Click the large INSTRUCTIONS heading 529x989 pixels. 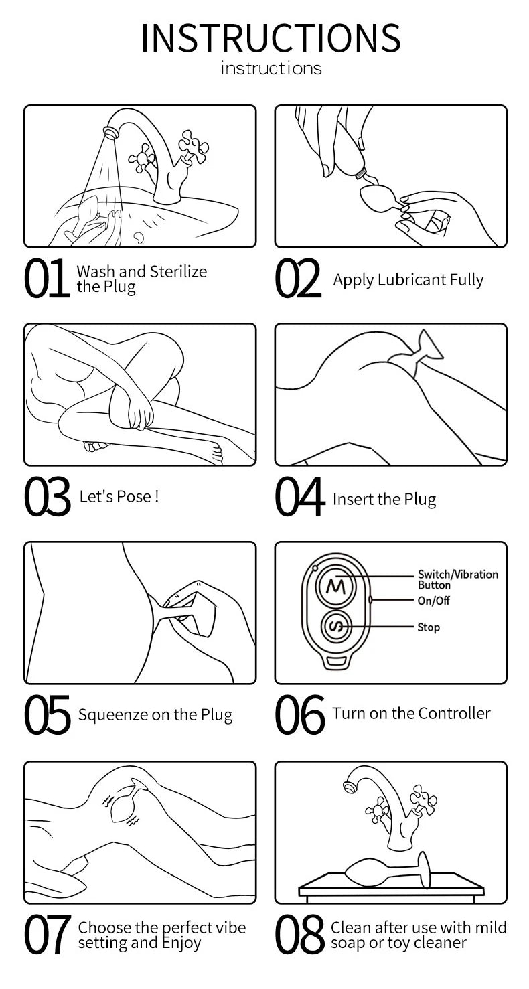[271, 38]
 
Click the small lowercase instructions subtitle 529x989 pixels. [271, 68]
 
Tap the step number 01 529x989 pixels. [46, 278]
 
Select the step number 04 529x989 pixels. [299, 497]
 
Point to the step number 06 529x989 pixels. [300, 714]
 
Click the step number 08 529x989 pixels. [300, 934]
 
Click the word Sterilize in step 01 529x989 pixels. [178, 271]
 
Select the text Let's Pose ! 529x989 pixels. [119, 496]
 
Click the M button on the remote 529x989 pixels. [335, 587]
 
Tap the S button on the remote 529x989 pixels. [336, 626]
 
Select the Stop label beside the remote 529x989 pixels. [429, 627]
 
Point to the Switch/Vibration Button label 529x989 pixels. [458, 579]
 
